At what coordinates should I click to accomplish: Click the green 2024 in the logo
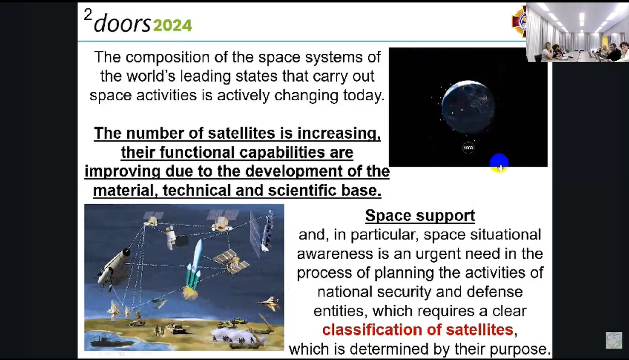[x=173, y=25]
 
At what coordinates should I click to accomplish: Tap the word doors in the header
[x=122, y=23]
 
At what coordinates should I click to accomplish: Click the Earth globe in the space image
[x=468, y=107]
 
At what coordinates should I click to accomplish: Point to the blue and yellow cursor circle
[x=499, y=163]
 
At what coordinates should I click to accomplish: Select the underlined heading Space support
[x=420, y=216]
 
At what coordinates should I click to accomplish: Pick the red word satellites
[x=479, y=330]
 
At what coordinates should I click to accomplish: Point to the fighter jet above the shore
[x=269, y=303]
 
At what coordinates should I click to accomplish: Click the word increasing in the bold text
[x=339, y=133]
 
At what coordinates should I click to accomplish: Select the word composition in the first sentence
[x=167, y=57]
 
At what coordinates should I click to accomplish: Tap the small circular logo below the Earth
[x=468, y=148]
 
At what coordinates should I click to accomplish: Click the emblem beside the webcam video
[x=519, y=21]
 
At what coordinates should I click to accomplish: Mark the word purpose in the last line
[x=518, y=349]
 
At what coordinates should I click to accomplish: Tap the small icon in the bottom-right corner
[x=614, y=340]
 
